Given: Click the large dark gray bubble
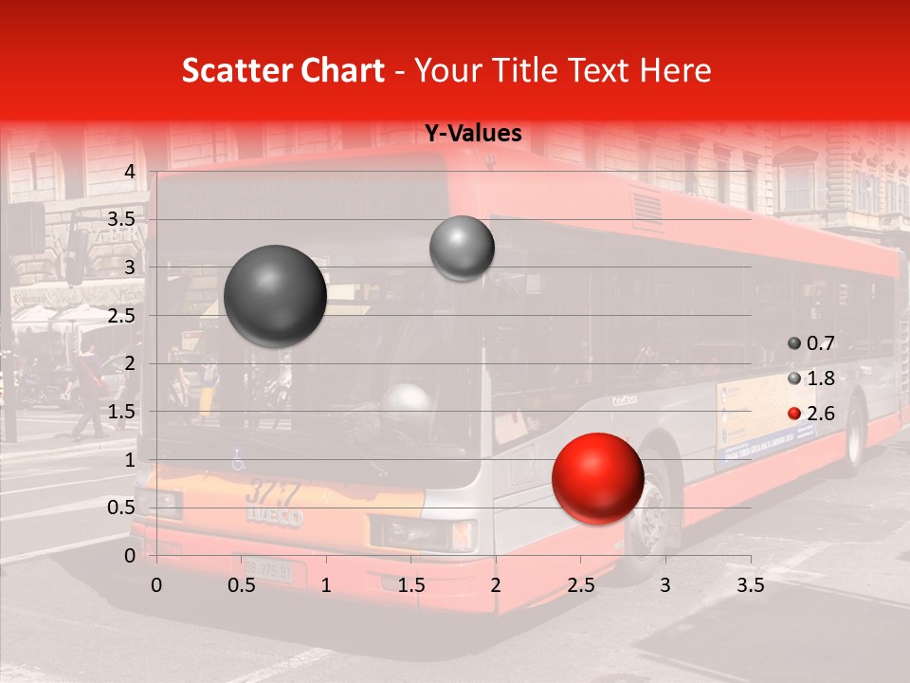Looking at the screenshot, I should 275,295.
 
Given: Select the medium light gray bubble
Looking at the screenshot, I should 462,248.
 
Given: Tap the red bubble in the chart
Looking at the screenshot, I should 597,478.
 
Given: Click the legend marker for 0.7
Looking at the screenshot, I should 794,343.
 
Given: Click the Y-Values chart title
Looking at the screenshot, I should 472,134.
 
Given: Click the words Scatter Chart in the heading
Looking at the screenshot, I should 282,70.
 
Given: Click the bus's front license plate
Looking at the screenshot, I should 264,570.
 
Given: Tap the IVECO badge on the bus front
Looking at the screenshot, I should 275,517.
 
